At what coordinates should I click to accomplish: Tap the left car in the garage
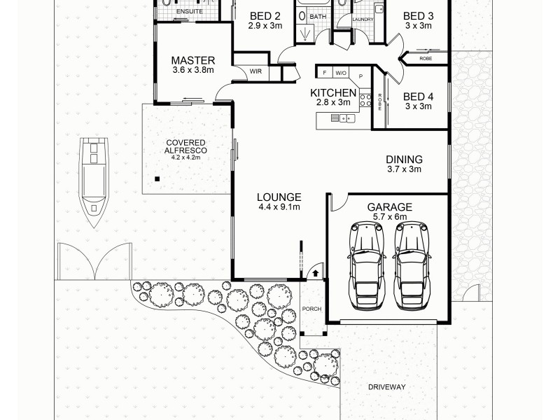(367, 265)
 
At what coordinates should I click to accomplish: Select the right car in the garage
(411, 265)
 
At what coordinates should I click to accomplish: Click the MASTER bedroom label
(193, 60)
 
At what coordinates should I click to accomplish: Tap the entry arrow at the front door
(316, 272)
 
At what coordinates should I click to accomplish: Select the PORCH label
(311, 309)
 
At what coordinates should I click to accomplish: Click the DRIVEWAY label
(387, 386)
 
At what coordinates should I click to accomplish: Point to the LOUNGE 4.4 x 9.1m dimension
(279, 207)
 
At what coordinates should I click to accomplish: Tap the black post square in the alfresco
(158, 179)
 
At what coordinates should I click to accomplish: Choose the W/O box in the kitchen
(341, 72)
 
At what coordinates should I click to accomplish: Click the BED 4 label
(418, 96)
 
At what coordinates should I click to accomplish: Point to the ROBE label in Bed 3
(426, 59)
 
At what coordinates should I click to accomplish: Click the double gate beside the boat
(94, 260)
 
